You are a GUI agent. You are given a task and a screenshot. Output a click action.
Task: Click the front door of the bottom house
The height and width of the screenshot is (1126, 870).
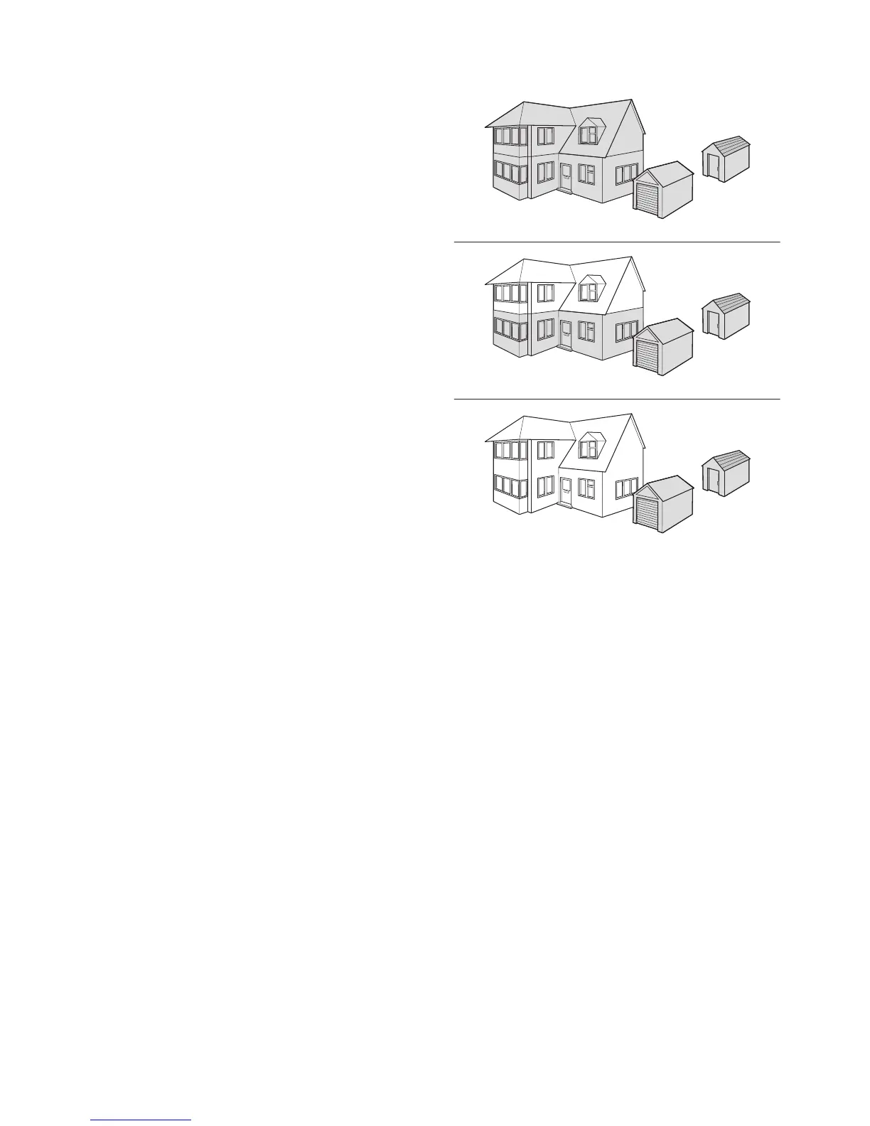click(566, 490)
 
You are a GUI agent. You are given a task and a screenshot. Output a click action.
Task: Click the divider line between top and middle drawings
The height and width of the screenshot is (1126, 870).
click(617, 242)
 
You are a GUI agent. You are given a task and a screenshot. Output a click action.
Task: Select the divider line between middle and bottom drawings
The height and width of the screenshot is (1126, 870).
click(617, 400)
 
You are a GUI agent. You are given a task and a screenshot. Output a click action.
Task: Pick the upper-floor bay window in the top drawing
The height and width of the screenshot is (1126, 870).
click(511, 136)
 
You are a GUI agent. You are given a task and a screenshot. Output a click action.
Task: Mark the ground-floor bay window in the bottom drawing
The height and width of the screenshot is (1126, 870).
click(511, 486)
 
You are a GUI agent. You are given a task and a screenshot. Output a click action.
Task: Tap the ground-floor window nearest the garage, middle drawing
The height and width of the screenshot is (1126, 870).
click(626, 330)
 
